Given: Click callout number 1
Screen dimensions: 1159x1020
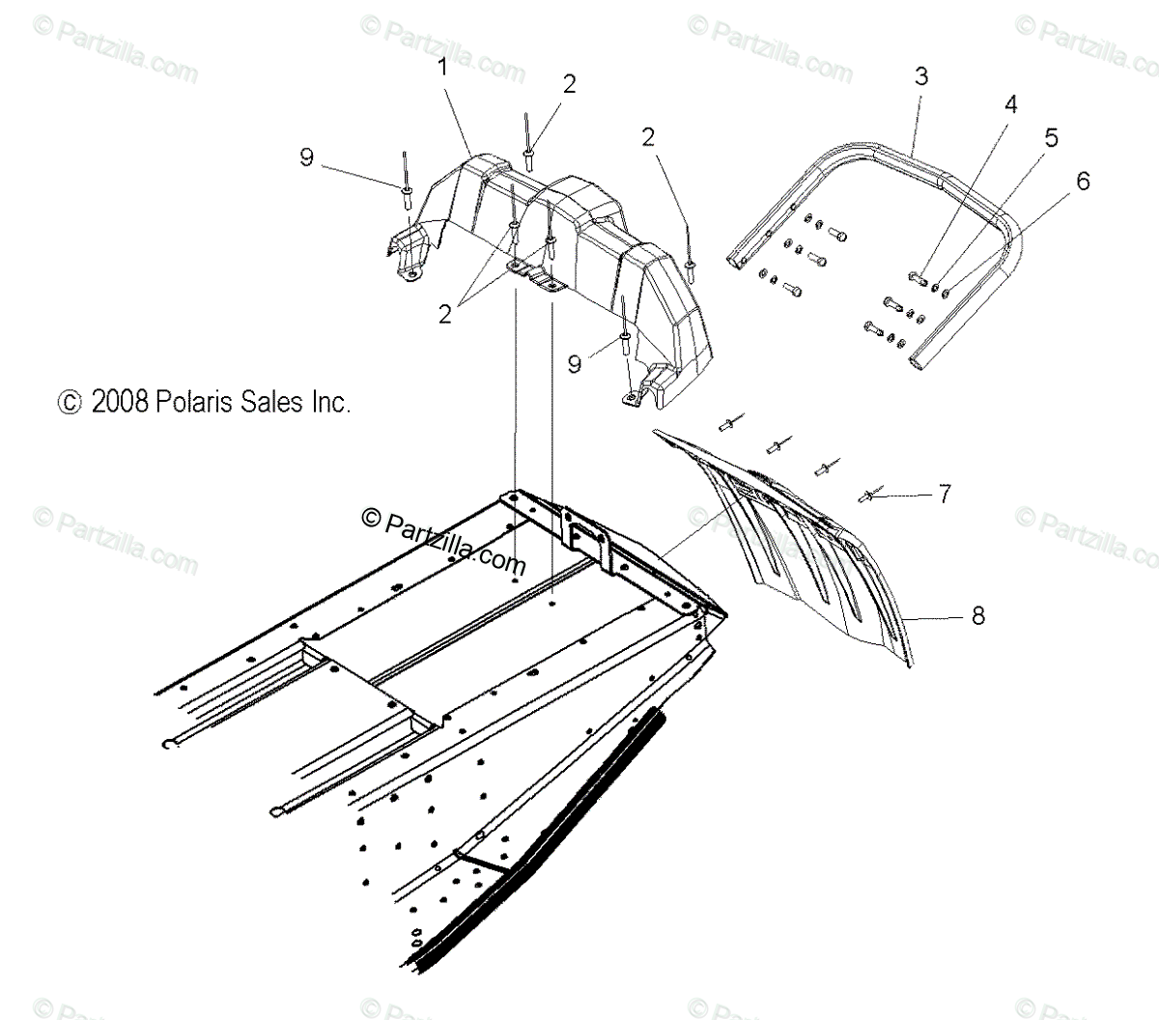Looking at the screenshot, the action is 442,68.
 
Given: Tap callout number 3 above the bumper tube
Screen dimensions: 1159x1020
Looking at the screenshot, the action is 920,76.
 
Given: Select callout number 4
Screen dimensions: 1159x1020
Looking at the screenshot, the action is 1010,103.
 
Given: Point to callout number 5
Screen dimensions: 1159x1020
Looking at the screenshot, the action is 1051,137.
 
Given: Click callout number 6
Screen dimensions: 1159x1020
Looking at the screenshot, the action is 1082,180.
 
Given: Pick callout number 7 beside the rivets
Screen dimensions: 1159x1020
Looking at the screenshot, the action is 944,495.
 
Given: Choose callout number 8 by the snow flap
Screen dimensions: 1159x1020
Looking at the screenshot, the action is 978,615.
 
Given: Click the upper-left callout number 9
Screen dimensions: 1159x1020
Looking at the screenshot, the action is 306,156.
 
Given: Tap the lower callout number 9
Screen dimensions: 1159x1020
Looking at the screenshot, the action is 574,363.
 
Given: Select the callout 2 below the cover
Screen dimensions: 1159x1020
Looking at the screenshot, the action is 444,314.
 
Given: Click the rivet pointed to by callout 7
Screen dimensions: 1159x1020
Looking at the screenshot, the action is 868,496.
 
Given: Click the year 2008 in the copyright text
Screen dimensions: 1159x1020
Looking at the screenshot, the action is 120,402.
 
